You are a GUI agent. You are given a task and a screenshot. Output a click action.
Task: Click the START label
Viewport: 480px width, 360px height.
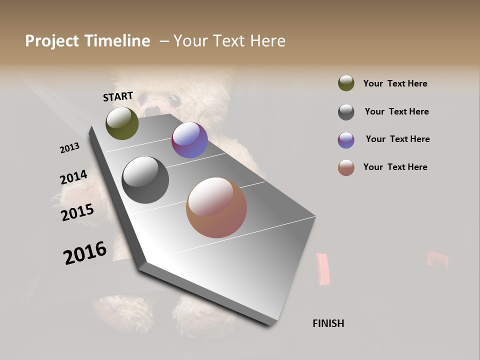[x=118, y=96]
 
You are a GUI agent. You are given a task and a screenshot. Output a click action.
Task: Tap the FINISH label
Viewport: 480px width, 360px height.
[x=328, y=323]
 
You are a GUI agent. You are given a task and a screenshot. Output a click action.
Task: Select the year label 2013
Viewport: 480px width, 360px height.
[x=69, y=148]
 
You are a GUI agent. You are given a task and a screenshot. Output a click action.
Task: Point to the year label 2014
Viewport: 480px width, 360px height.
[x=73, y=177]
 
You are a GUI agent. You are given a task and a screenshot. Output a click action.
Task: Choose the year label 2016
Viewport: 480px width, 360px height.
[x=85, y=253]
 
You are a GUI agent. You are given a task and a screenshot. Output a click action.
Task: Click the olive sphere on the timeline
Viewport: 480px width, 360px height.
[x=122, y=123]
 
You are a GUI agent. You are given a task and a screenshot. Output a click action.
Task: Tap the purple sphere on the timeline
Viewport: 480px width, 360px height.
[x=189, y=140]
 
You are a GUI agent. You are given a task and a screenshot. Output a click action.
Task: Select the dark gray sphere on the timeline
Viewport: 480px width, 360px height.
[x=145, y=180]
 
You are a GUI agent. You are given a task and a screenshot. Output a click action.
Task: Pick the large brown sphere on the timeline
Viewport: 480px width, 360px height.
[x=216, y=207]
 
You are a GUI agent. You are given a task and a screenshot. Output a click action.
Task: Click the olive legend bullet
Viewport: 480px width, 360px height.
[x=346, y=83]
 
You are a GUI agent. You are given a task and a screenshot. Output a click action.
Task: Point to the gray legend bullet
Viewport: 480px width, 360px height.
[x=346, y=112]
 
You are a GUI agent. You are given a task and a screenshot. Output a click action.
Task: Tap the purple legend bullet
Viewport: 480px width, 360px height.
[x=346, y=140]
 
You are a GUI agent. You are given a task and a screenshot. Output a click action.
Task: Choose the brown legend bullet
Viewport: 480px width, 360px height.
[x=346, y=167]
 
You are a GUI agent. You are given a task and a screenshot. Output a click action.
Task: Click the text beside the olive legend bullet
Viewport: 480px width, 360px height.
[x=395, y=83]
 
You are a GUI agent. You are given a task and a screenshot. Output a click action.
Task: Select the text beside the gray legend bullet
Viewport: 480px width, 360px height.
[x=396, y=111]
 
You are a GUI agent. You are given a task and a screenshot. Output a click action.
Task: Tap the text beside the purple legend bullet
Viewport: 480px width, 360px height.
[x=397, y=139]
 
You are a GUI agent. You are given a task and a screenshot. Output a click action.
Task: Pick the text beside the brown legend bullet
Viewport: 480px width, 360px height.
[x=395, y=167]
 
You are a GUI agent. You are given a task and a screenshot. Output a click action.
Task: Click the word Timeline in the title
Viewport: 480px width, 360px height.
[x=117, y=41]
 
